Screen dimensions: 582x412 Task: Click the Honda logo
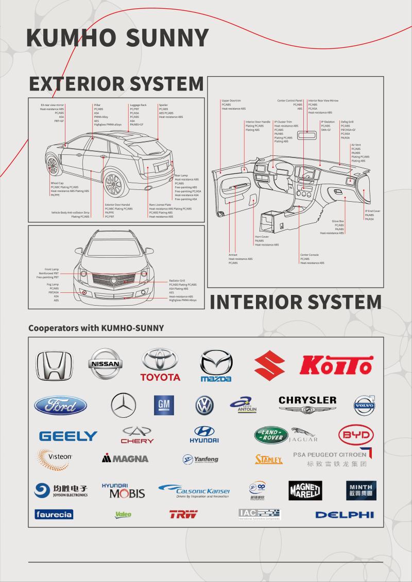pos(54,366)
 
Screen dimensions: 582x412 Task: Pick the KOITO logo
pos(337,365)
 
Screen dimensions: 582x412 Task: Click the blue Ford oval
pos(60,405)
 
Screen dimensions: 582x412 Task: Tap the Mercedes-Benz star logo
pos(124,405)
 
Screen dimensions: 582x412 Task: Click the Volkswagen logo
pos(204,405)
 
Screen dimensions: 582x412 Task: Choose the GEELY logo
pos(68,436)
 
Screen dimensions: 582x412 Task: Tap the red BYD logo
pos(356,435)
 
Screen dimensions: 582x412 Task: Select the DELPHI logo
pos(344,515)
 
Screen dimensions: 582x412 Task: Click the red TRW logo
pos(183,514)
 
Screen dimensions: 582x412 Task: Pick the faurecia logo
pos(54,515)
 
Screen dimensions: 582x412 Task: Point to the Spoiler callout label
pos(163,105)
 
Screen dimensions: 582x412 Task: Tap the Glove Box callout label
pos(338,221)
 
